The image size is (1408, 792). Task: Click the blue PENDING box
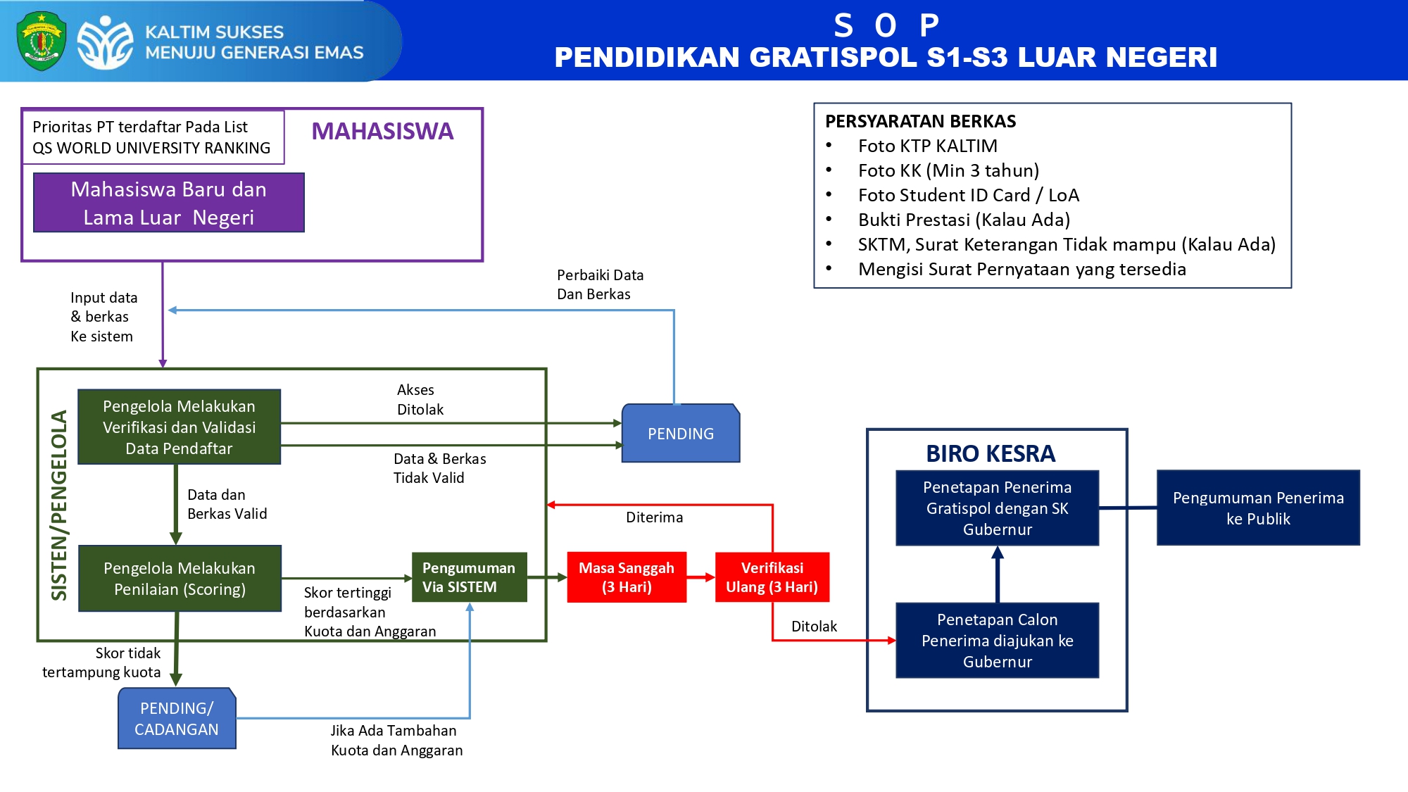[x=680, y=434]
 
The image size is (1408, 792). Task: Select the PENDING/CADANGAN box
[x=177, y=719]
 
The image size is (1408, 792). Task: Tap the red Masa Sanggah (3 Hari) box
[x=627, y=577]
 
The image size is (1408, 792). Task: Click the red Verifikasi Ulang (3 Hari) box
[x=772, y=577]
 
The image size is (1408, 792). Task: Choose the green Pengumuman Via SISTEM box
[x=469, y=577]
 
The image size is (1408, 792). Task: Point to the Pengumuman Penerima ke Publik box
[x=1258, y=508]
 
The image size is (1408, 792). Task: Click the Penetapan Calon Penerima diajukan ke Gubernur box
[x=997, y=641]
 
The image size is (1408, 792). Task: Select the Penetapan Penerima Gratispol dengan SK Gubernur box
[x=997, y=508]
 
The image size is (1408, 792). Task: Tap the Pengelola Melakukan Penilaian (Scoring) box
[x=180, y=579]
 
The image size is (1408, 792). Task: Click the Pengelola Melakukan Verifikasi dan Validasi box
[x=179, y=427]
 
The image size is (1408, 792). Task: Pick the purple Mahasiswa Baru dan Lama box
[x=169, y=203]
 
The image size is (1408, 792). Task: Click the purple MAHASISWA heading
[x=382, y=132]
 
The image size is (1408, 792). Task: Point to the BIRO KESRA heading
[x=991, y=454]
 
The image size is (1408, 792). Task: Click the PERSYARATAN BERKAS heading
[x=920, y=122]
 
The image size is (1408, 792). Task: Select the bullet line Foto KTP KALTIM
[x=927, y=146]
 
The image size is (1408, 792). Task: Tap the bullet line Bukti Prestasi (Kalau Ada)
[x=964, y=220]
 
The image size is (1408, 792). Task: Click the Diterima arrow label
[x=654, y=517]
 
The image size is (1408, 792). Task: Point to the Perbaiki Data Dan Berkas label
[x=600, y=284]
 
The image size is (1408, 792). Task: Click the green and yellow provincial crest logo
[x=42, y=41]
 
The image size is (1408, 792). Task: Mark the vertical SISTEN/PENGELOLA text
[x=59, y=505]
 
